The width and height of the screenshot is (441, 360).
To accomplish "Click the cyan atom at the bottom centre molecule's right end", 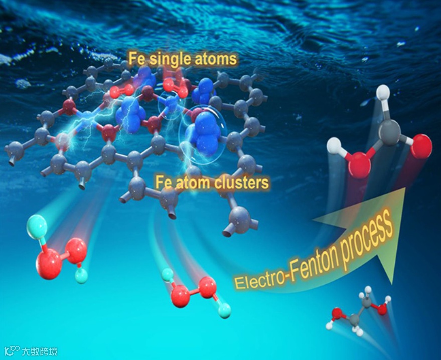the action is (x=225, y=311).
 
